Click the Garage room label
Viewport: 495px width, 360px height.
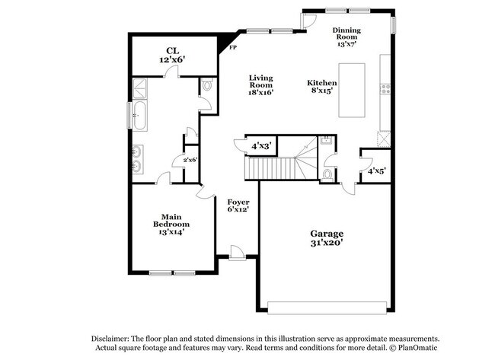tap(327, 234)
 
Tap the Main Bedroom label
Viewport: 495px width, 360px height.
tap(171, 221)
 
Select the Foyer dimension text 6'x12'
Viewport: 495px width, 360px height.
tap(238, 209)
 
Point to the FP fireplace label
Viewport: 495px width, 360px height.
tap(233, 48)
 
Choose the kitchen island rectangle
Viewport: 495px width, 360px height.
tap(352, 91)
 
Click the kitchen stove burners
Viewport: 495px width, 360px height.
tap(385, 89)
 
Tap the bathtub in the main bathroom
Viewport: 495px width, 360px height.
tap(139, 115)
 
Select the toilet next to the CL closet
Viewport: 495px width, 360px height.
tap(207, 85)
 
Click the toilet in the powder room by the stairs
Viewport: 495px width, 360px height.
tap(327, 174)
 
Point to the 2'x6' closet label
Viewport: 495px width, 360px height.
tap(190, 160)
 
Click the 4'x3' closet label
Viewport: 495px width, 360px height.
tap(261, 146)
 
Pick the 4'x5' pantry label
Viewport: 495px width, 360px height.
tap(376, 171)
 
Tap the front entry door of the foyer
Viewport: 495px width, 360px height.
tap(237, 253)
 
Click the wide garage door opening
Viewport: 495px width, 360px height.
tap(327, 307)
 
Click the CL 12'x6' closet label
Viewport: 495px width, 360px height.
tap(172, 55)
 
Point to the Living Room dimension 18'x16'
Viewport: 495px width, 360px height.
tap(260, 92)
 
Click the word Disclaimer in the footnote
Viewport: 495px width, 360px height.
tap(110, 339)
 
